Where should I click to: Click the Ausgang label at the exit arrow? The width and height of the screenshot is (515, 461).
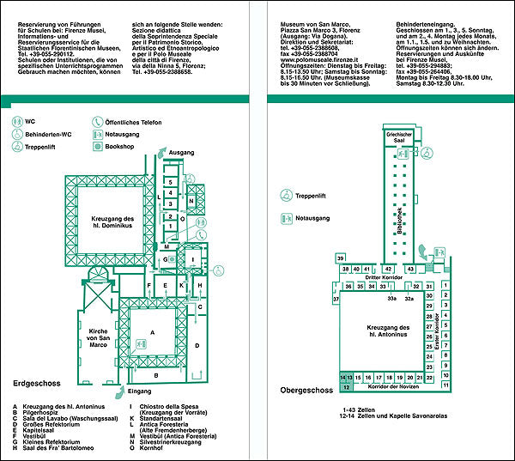pos(182,152)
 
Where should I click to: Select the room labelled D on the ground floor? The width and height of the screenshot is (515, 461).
pos(197,345)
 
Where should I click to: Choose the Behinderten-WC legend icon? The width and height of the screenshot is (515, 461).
pos(17,135)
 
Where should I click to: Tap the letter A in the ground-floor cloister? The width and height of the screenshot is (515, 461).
pos(152,331)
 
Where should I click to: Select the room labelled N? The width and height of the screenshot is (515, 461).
pos(192,200)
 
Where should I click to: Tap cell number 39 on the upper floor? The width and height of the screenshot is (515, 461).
pos(341,258)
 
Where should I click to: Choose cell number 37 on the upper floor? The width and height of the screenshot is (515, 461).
pos(336,299)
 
